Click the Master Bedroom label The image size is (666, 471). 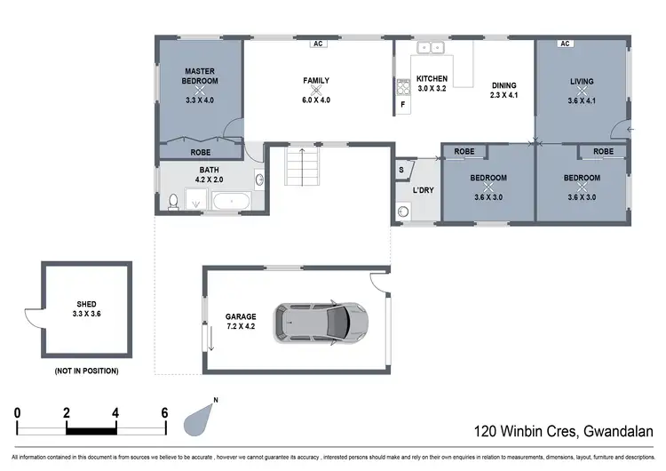201,76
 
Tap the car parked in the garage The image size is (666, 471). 321,321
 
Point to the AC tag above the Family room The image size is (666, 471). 317,42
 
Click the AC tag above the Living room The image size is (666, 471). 564,43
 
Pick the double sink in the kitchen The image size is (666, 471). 432,48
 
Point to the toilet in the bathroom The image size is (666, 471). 173,204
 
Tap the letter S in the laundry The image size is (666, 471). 401,170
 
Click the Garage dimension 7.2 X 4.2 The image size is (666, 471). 241,326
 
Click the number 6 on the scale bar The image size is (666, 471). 165,412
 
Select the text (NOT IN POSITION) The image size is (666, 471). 86,371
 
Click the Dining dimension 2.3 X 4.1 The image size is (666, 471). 503,96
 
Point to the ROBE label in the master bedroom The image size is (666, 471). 201,153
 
